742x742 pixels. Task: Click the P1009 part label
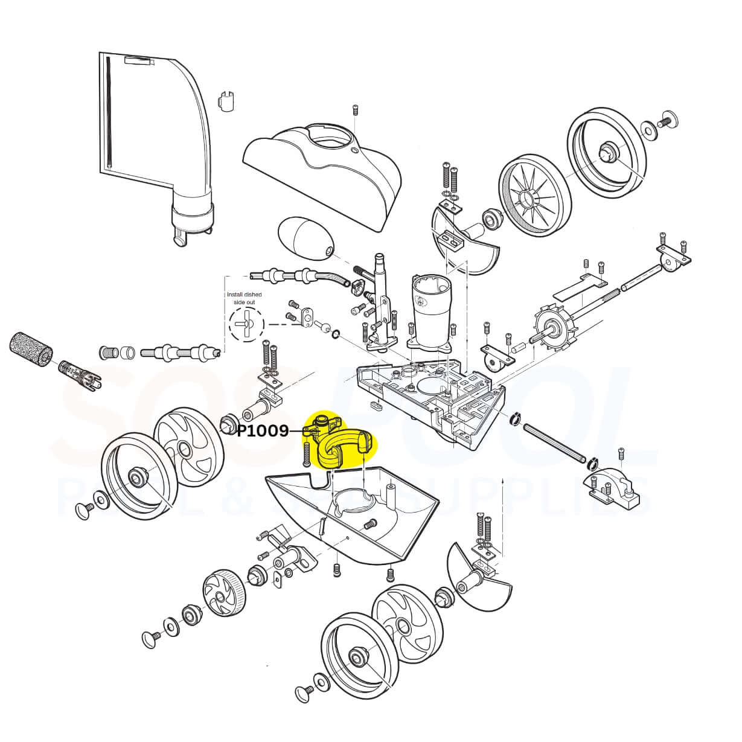click(x=262, y=431)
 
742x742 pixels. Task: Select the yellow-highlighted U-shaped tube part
click(x=342, y=447)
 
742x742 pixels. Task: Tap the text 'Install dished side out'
click(x=244, y=298)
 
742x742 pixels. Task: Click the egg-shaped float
click(x=305, y=238)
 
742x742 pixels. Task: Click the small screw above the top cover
click(x=356, y=110)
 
